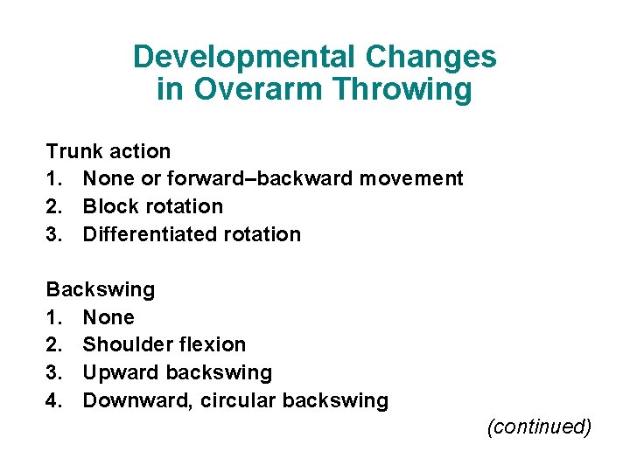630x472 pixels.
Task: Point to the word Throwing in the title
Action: [402, 89]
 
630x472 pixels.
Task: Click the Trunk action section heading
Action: [108, 151]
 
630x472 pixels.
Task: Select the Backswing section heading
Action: [100, 289]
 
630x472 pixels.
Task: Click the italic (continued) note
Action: [540, 427]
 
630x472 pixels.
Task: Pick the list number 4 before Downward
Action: [52, 401]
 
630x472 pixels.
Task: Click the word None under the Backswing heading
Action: [108, 317]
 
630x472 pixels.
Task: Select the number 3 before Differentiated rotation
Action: [52, 234]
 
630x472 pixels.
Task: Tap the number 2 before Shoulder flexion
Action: [52, 345]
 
